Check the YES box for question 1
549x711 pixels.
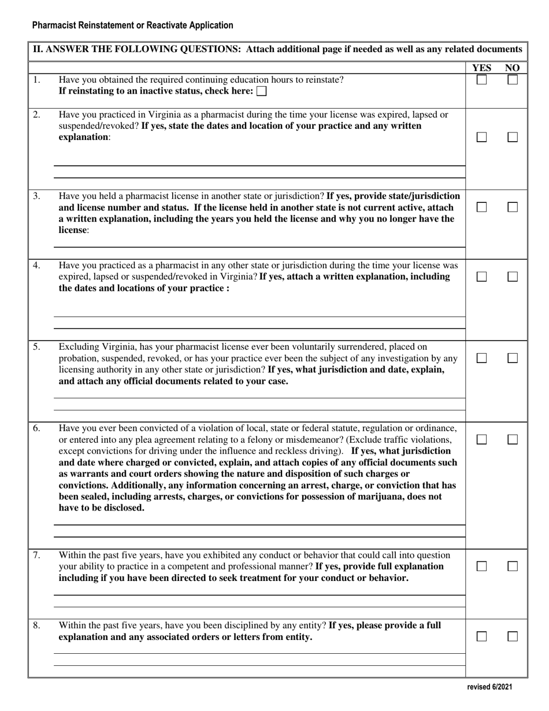(481, 80)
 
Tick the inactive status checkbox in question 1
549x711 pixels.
(261, 91)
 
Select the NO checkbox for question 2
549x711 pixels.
(512, 138)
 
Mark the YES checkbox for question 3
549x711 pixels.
(481, 207)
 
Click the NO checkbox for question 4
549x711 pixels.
(512, 277)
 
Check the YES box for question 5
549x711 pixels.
(481, 358)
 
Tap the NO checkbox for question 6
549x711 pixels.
(512, 440)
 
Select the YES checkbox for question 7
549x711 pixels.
(481, 567)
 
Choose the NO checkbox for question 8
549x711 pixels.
(512, 636)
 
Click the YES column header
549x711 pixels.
(481, 68)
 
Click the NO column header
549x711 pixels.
(512, 68)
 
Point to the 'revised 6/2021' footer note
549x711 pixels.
(489, 687)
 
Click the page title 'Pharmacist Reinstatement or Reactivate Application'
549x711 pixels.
(133, 25)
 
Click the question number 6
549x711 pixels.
(36, 428)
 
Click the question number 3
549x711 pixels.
(36, 196)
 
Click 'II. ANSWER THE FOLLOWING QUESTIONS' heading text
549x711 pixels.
(137, 49)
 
